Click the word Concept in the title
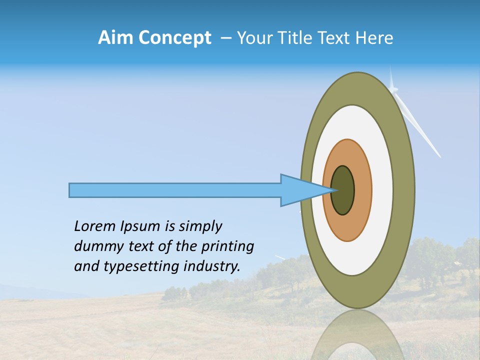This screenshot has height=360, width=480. click(x=174, y=38)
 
